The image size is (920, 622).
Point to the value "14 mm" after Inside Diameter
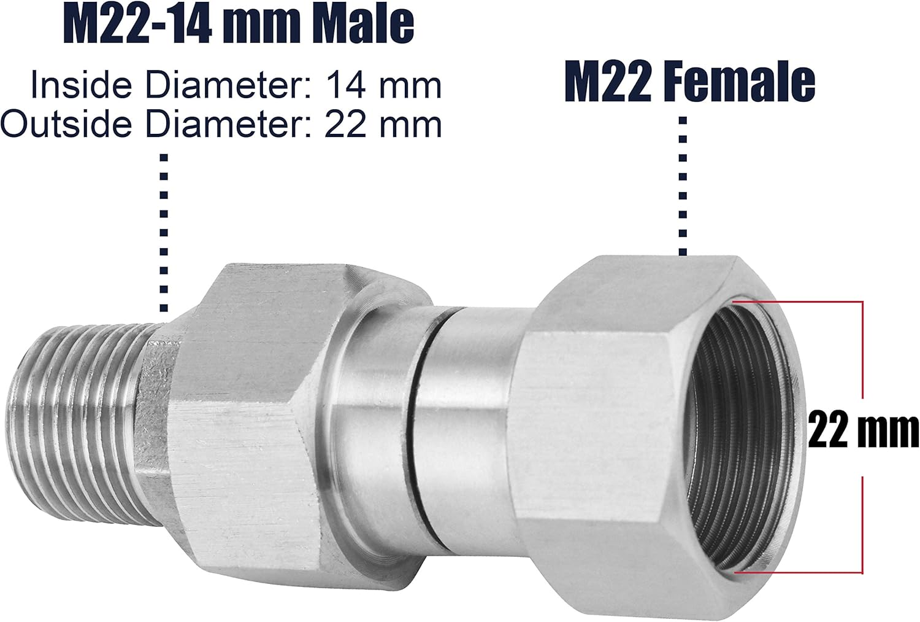pos(383,85)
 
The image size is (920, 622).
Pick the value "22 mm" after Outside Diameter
pos(383,124)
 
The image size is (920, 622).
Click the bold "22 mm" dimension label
pos(862,430)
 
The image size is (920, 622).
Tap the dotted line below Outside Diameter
pos(164,233)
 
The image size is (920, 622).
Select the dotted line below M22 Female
pos(683,184)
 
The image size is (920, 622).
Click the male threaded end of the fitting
pos(80,405)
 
